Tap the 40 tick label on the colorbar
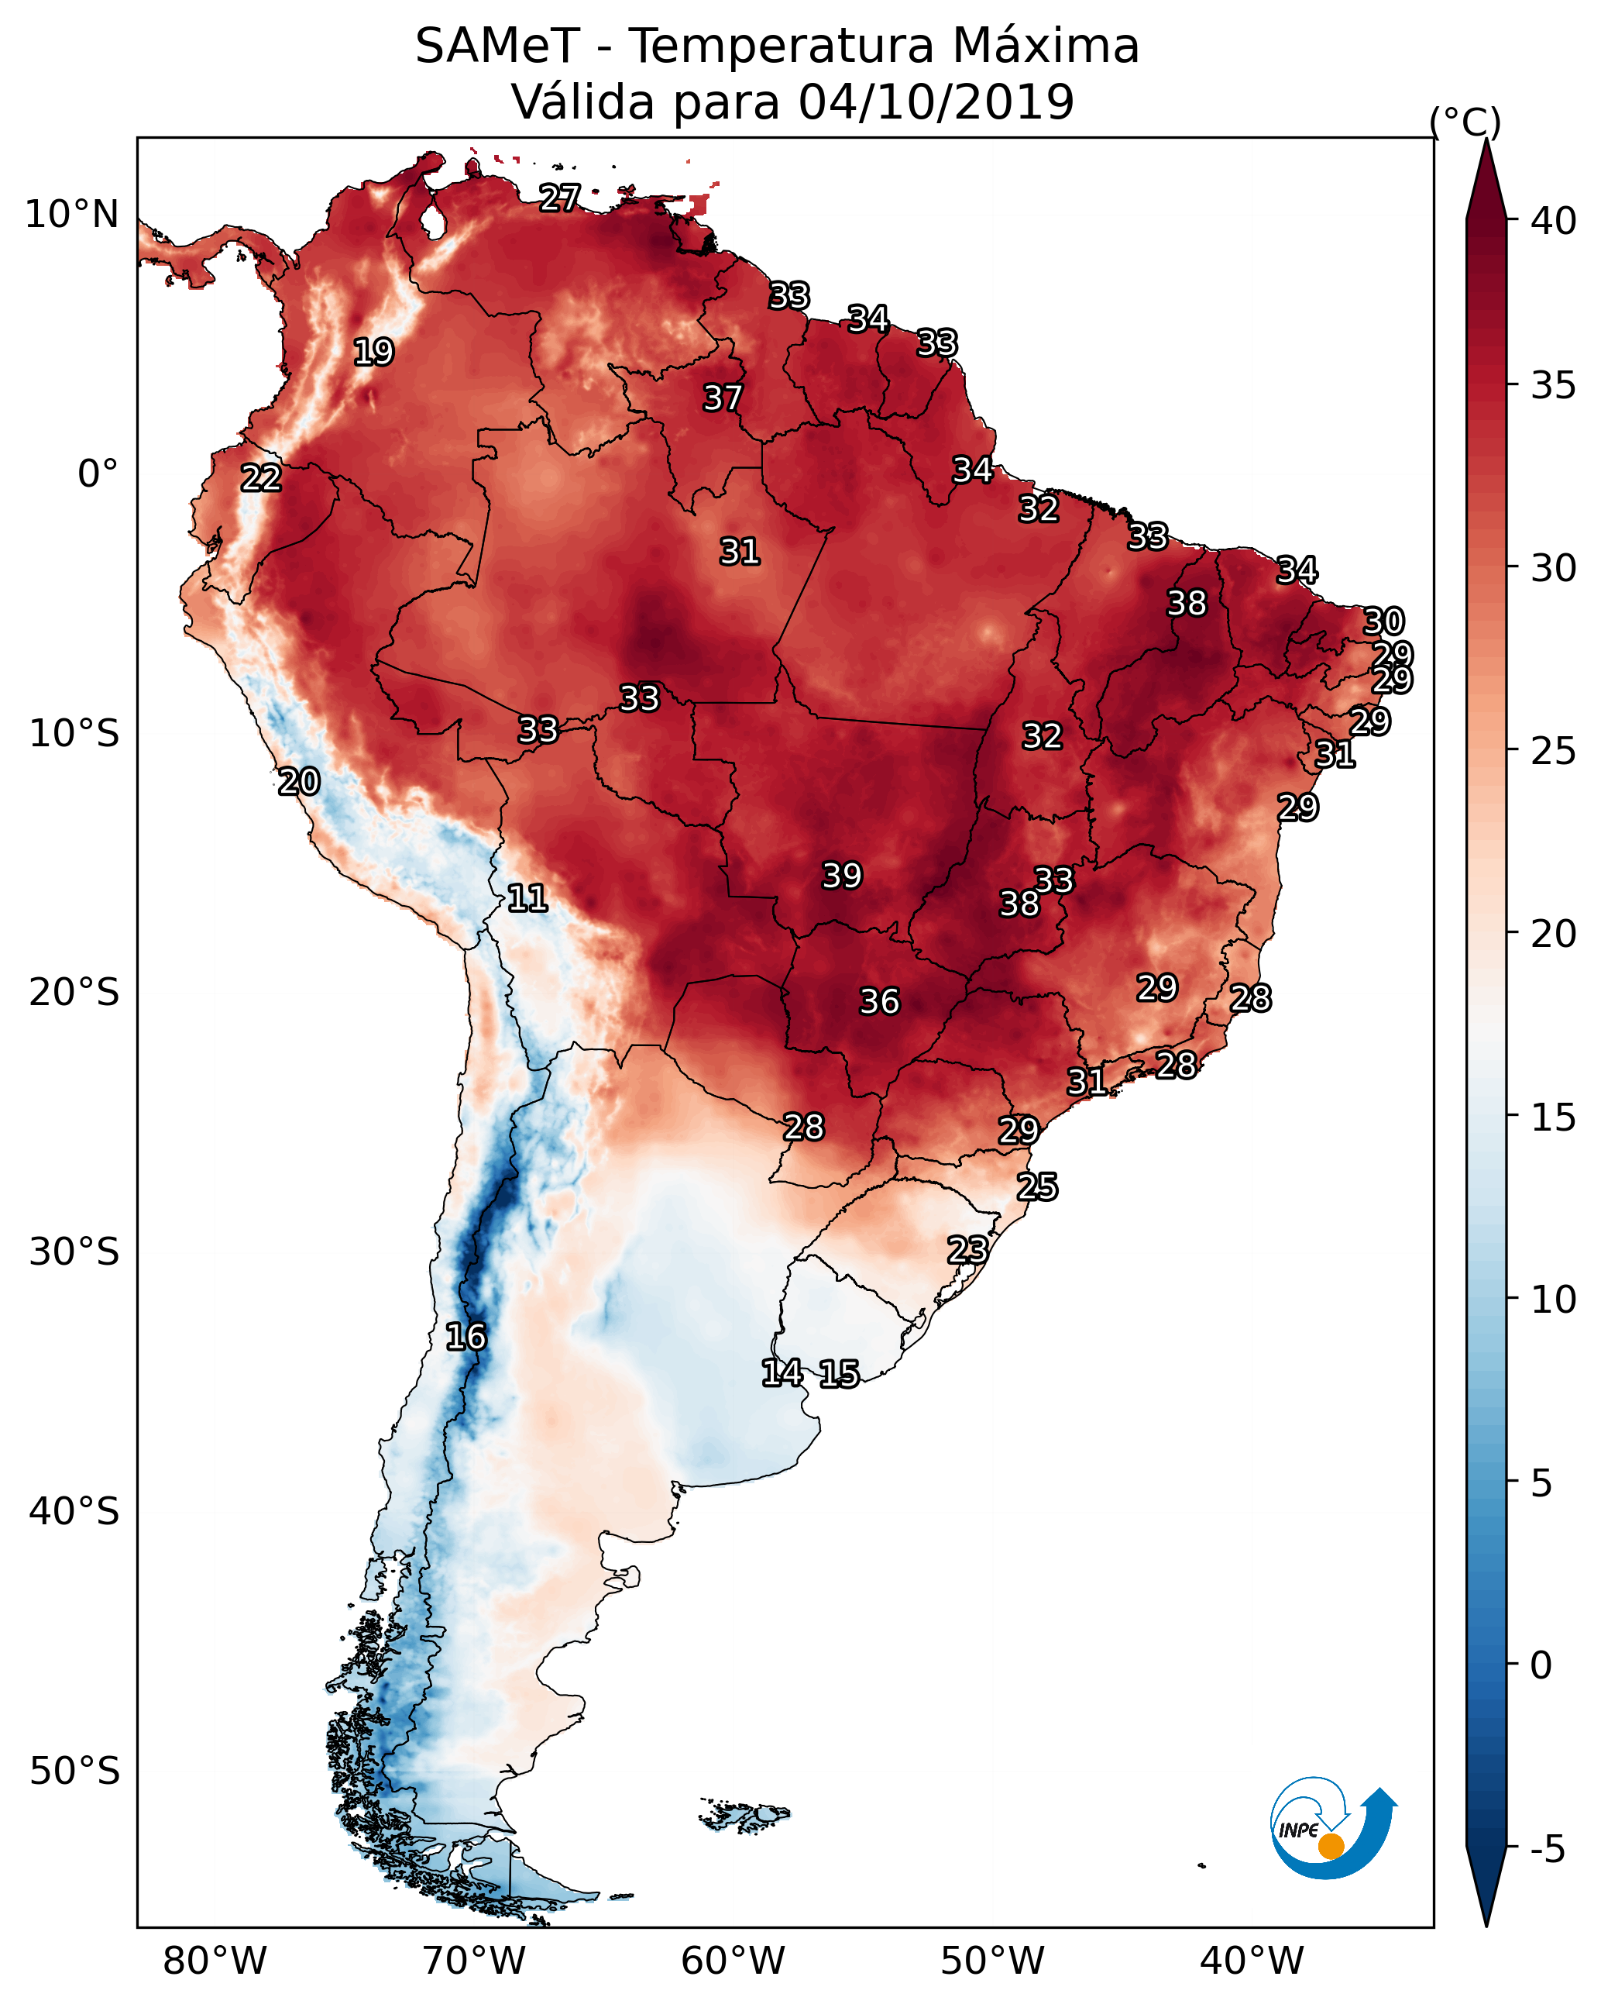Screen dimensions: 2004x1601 [1554, 221]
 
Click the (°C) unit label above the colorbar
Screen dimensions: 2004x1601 [1465, 121]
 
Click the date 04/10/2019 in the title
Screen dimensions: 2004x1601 [936, 102]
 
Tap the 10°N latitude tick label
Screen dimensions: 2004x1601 [71, 215]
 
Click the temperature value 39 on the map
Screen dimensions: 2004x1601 [842, 876]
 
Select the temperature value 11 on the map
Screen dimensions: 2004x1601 [527, 898]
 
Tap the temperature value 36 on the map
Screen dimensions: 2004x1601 [879, 1002]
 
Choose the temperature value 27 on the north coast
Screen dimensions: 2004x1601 [559, 197]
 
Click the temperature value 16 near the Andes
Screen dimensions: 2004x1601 [466, 1337]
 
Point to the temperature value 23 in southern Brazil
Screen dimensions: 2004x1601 [967, 1249]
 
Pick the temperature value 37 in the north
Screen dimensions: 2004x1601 [722, 398]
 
